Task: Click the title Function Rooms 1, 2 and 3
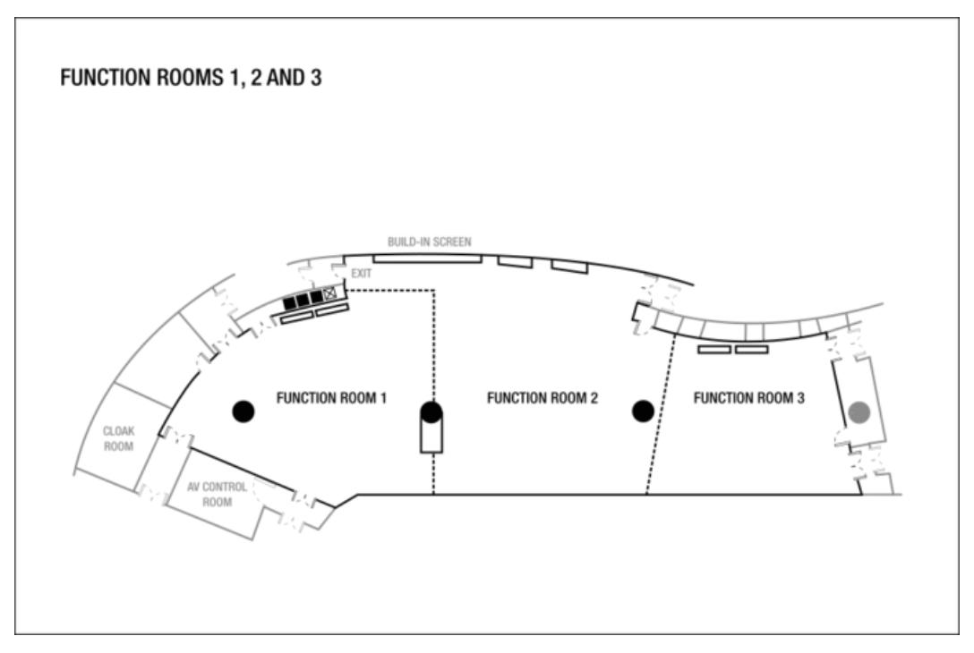191,78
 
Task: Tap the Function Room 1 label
331,398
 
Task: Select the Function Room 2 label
543,398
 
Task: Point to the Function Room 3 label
748,398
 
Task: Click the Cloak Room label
119,438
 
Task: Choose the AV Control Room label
217,494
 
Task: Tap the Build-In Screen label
429,242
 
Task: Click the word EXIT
362,274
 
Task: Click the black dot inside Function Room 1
243,411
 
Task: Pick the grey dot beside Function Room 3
859,412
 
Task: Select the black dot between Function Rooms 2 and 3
643,411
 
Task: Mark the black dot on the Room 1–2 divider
431,411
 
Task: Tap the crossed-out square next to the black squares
329,293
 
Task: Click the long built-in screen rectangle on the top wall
427,259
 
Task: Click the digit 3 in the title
316,78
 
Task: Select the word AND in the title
285,78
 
